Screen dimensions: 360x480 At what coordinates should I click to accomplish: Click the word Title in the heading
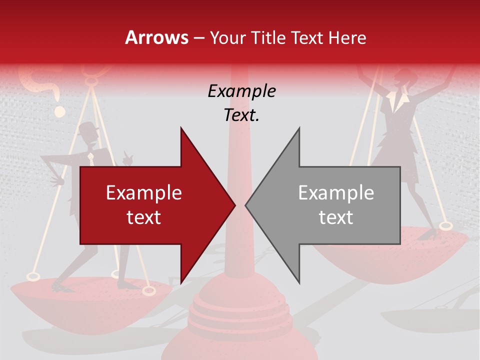(x=267, y=37)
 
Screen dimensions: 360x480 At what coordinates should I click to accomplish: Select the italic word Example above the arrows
(x=241, y=91)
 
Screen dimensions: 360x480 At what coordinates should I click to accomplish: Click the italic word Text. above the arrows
(x=241, y=115)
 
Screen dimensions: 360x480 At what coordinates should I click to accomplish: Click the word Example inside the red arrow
(x=144, y=192)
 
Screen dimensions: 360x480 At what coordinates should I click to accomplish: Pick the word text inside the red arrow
(x=144, y=217)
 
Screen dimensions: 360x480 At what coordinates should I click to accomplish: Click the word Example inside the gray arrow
(x=336, y=192)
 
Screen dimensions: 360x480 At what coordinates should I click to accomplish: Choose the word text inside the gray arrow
(x=336, y=217)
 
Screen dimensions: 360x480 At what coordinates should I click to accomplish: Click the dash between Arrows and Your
(x=198, y=38)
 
